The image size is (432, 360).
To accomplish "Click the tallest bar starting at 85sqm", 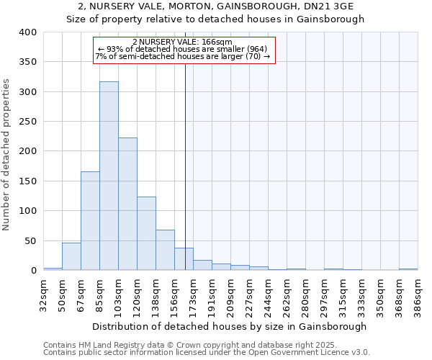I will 109,176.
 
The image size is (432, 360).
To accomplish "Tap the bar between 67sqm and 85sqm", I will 90,220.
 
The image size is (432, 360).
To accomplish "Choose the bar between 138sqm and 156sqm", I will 165,250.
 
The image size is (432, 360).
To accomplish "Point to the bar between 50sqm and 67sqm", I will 71,256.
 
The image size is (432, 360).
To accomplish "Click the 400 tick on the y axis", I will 27,32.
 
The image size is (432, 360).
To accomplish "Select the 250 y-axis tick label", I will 27,122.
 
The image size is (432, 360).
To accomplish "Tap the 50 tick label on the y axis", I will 30,240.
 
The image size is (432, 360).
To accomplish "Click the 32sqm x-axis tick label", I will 43,294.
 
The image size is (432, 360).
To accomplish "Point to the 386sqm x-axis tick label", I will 418,294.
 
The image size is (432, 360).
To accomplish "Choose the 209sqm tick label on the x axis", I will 230,294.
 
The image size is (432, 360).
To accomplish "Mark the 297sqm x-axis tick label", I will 324,294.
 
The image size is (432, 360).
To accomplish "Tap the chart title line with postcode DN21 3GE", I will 216,6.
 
